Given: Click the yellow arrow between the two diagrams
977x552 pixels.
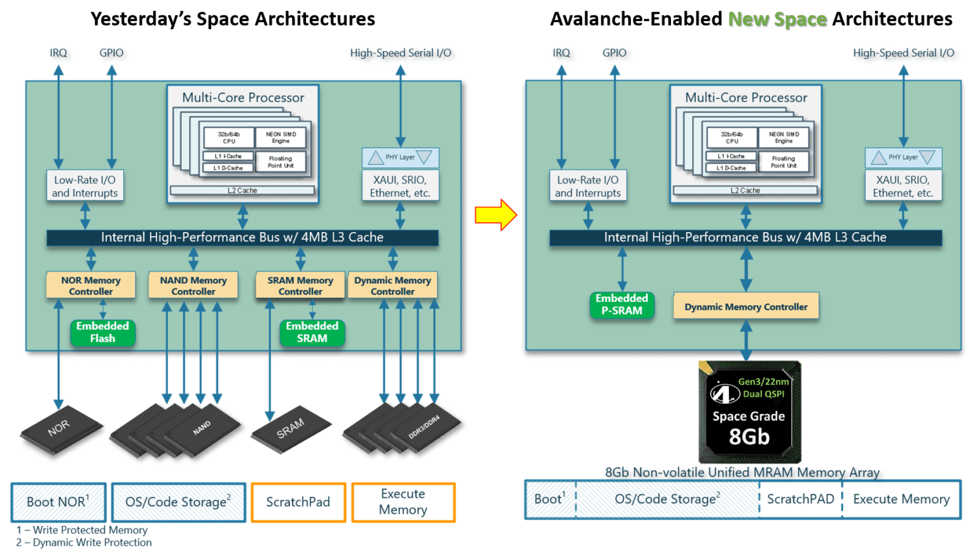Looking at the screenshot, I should [x=495, y=215].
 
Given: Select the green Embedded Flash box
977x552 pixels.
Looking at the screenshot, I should [x=102, y=333].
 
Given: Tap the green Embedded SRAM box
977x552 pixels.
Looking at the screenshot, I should [x=312, y=333].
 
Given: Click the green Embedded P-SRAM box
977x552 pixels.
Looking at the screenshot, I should [x=621, y=305].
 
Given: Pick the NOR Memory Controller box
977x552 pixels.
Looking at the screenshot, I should [x=91, y=286].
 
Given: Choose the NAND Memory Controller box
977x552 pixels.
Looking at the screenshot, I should [x=193, y=286].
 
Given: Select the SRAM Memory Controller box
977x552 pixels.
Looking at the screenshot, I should [x=300, y=286].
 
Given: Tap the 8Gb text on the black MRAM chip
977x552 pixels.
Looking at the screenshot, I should [x=749, y=438].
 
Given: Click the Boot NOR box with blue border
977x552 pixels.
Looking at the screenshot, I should [x=59, y=502].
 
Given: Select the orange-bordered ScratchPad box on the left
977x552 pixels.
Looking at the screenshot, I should [x=298, y=502].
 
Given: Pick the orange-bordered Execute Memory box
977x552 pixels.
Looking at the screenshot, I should [x=403, y=502].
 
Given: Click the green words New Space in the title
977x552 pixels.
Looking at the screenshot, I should [x=777, y=20].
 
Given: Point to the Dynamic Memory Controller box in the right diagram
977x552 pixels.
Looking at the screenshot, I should [x=746, y=307].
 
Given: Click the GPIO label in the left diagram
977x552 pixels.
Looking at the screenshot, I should [x=111, y=53].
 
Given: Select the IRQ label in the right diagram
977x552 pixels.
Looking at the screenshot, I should [x=561, y=53].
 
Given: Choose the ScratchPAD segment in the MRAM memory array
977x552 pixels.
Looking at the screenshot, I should [x=800, y=499].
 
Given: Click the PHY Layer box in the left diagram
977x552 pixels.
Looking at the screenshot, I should [x=400, y=157].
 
